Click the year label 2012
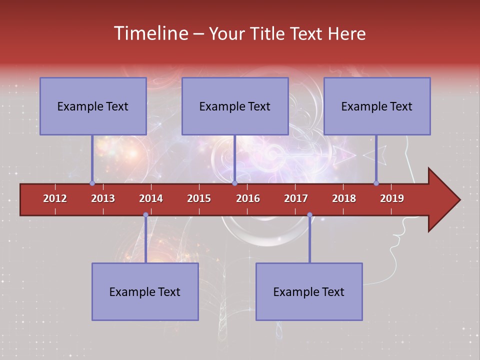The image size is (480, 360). click(x=55, y=198)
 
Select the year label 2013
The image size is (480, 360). click(x=103, y=198)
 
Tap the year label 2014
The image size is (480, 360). click(x=151, y=198)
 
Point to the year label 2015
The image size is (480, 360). click(x=199, y=198)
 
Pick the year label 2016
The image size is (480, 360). click(x=248, y=198)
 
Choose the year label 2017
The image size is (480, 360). click(x=296, y=198)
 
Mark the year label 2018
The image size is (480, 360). click(x=344, y=198)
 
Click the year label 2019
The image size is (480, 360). click(x=392, y=198)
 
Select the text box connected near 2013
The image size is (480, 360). click(x=93, y=106)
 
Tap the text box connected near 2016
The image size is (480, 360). click(x=235, y=106)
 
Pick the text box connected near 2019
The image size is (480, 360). click(x=377, y=106)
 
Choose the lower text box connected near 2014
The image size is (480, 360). click(x=145, y=291)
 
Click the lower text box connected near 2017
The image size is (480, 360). click(x=309, y=291)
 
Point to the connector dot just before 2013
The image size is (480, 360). click(x=92, y=183)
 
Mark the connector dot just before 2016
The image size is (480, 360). click(x=234, y=183)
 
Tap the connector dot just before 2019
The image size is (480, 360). click(x=376, y=183)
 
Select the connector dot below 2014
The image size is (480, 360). click(x=145, y=215)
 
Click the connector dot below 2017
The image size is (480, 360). click(x=309, y=215)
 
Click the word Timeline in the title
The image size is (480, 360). click(x=151, y=33)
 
